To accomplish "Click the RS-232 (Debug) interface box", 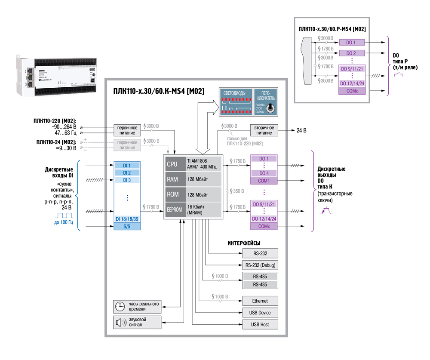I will [261, 265].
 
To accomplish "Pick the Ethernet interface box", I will [261, 301].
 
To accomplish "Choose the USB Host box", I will [261, 324].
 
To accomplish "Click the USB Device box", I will [261, 313].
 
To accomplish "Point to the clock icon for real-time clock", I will [120, 306].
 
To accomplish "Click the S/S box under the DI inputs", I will [127, 226].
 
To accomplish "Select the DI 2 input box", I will [127, 172].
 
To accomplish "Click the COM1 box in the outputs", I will [264, 181].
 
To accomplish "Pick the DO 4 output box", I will [264, 173].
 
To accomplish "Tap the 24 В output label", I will [300, 130].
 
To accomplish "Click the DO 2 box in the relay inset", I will [351, 52].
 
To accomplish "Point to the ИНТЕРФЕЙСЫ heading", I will [244, 243].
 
